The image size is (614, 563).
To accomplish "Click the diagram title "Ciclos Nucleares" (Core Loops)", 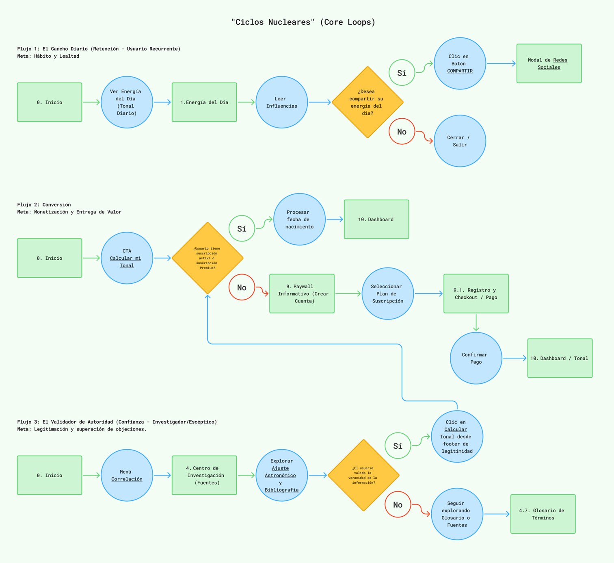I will tap(303, 22).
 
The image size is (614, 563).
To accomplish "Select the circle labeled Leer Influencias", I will tap(281, 102).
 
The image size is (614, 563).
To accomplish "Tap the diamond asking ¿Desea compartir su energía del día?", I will tap(367, 102).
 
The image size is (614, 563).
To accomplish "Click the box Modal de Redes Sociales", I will tap(549, 63).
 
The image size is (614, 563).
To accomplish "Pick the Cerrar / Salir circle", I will tap(460, 141).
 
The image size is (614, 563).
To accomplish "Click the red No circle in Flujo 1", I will tap(402, 131).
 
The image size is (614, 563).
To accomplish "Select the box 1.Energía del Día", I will tap(204, 102).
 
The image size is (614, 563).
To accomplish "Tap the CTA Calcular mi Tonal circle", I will tap(127, 258).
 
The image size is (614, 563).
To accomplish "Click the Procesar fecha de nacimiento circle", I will tap(299, 220).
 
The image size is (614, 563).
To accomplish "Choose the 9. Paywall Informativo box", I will tap(302, 293).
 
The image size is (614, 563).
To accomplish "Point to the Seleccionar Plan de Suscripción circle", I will tap(387, 293).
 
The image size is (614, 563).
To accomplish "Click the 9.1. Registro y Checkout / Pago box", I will tap(476, 293).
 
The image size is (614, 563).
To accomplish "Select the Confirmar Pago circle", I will tap(476, 358).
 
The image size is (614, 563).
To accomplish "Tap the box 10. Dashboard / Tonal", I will tap(560, 358).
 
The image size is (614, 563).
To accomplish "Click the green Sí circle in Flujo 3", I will tap(398, 446).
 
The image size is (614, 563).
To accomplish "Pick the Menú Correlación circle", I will tap(127, 475).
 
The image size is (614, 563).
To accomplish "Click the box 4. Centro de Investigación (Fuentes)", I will tap(204, 475).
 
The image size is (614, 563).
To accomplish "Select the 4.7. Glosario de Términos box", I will tap(543, 514).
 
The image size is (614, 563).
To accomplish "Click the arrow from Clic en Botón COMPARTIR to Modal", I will tap(501, 63).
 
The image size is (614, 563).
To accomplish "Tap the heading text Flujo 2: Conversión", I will tap(44, 204).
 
